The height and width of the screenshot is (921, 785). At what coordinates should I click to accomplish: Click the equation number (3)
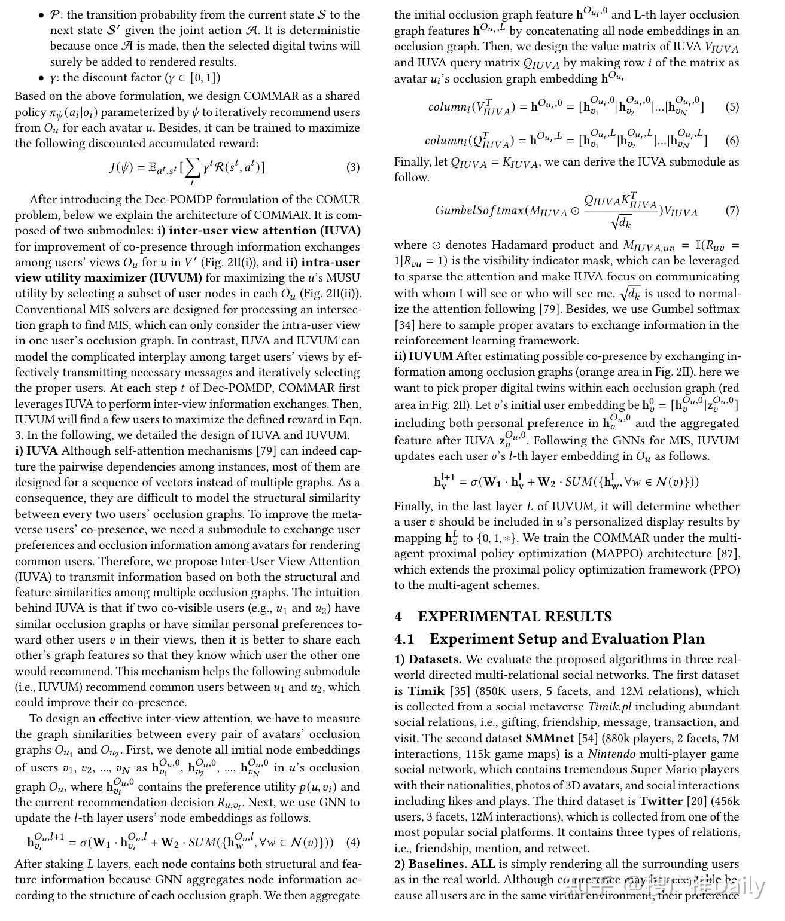pyautogui.click(x=353, y=167)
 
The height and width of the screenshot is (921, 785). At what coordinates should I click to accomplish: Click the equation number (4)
pyautogui.click(x=353, y=843)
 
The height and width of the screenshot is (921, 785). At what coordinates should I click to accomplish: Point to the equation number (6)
pyautogui.click(x=732, y=141)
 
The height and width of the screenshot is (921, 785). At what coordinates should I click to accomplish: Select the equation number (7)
pyautogui.click(x=732, y=211)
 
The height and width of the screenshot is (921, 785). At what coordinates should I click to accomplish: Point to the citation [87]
pyautogui.click(x=729, y=554)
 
